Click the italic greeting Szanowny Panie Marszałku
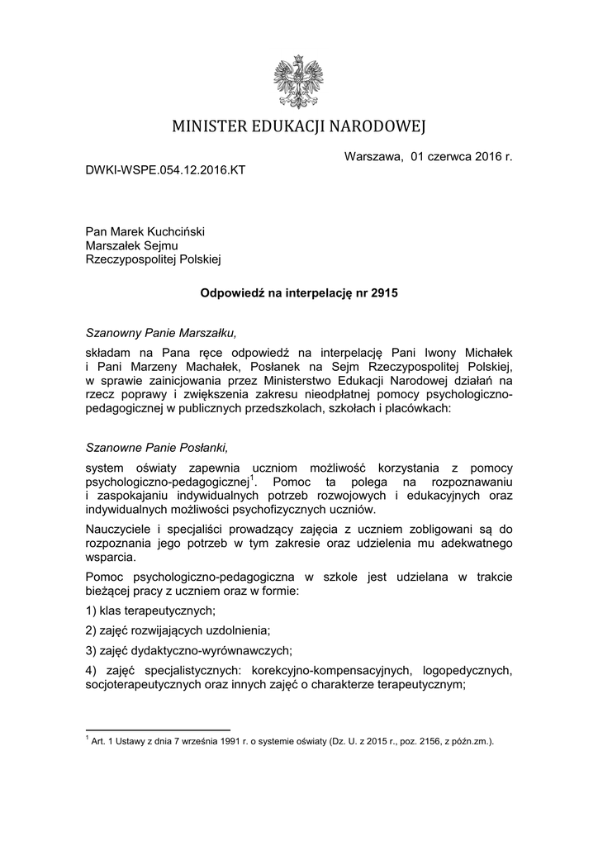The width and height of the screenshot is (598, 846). (x=162, y=334)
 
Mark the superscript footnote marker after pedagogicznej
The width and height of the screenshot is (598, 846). (x=254, y=477)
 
